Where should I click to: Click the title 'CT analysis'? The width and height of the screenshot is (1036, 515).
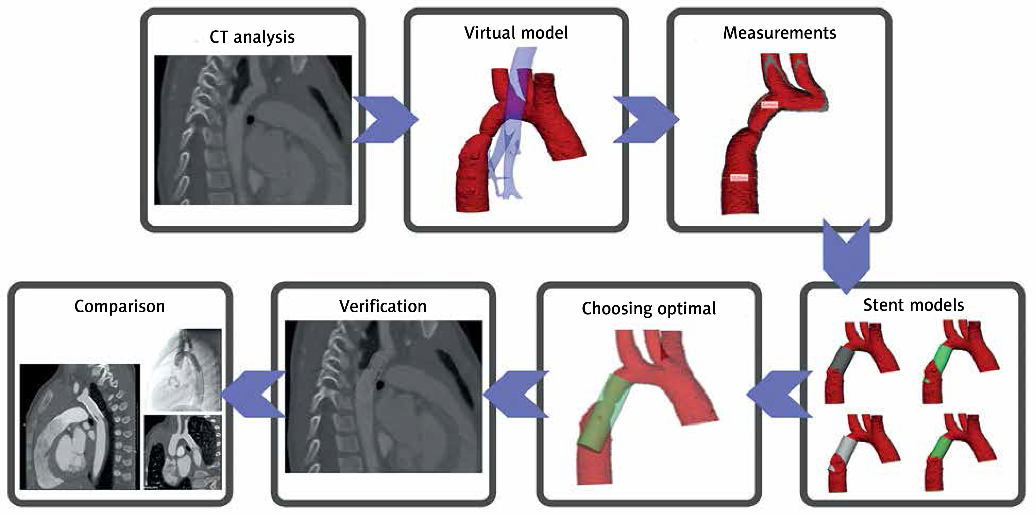[252, 37]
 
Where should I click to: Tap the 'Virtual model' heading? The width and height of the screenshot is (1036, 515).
[516, 33]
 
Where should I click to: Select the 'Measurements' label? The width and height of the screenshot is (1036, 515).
[780, 33]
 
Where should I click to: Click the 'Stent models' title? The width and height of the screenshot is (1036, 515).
[913, 305]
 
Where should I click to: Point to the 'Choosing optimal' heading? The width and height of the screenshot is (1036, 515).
[649, 308]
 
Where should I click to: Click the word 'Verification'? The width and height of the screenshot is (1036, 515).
[383, 306]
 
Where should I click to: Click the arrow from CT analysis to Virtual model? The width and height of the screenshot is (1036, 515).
[384, 119]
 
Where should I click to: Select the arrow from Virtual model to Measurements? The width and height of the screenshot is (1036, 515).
[646, 119]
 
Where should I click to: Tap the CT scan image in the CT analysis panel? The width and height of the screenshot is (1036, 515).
[253, 130]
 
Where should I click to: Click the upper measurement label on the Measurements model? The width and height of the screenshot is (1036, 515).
[769, 105]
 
